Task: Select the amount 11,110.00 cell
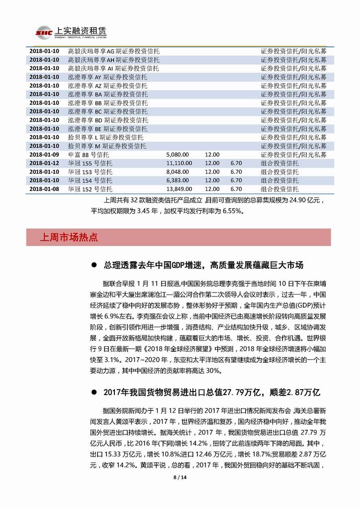point(179,163)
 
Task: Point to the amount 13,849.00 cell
point(179,189)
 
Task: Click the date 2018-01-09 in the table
point(44,155)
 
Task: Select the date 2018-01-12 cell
point(44,163)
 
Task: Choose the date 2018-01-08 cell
point(44,189)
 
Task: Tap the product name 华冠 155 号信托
point(90,163)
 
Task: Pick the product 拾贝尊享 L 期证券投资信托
point(105,137)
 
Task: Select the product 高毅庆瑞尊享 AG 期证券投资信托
point(113,51)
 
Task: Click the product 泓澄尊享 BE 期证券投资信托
point(107,129)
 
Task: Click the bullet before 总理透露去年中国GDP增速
point(95,265)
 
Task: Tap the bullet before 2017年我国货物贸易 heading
point(95,393)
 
